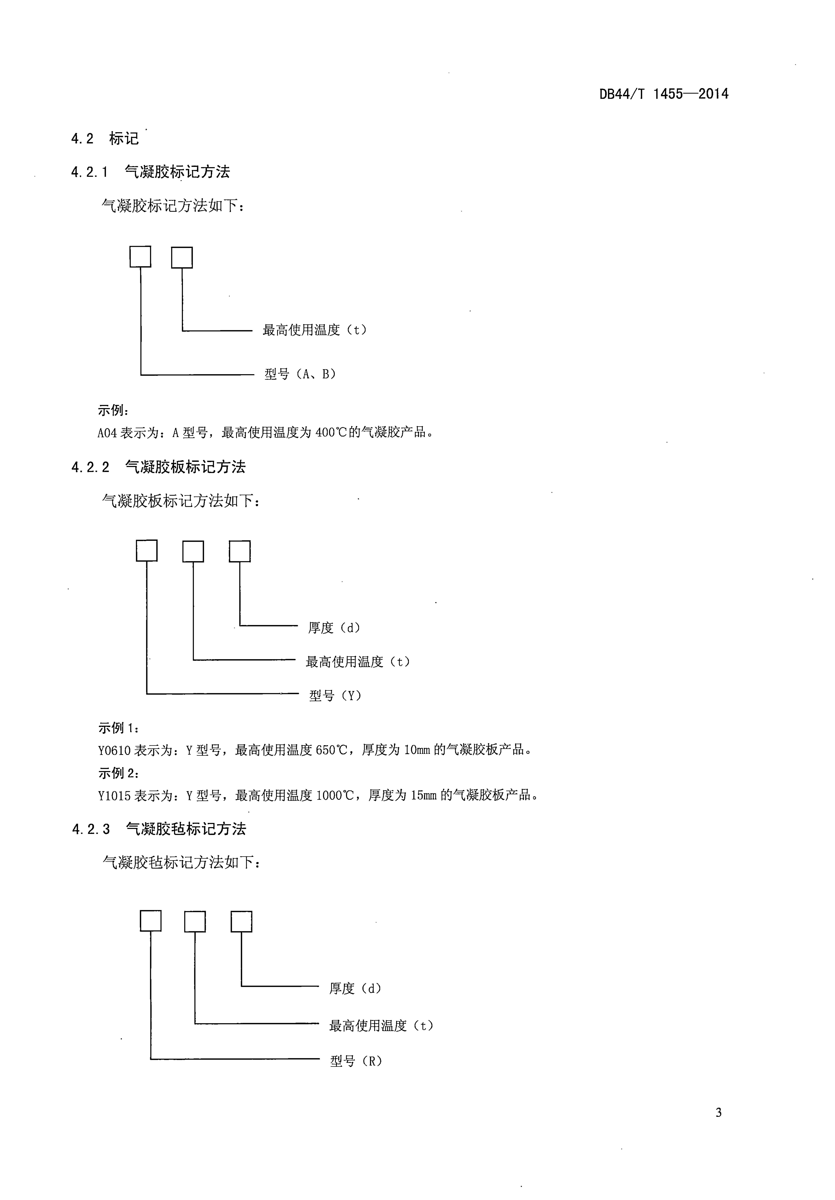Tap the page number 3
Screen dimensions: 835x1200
(718, 1113)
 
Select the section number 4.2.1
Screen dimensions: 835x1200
(89, 172)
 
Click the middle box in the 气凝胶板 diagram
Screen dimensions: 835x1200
(193, 551)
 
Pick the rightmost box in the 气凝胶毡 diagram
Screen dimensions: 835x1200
(241, 922)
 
